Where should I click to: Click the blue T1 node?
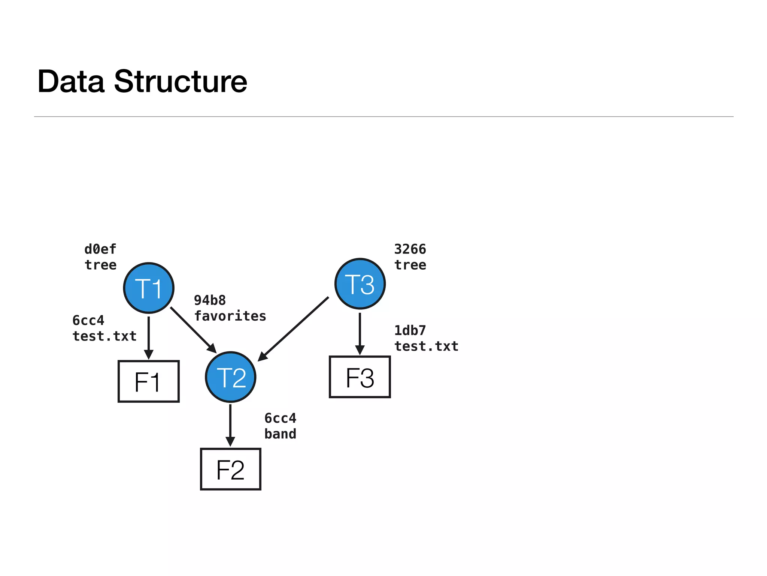point(149,288)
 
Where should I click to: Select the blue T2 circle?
point(231,377)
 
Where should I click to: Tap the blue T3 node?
point(360,284)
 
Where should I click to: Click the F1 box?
point(149,381)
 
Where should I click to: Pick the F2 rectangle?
point(231,469)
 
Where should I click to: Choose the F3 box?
point(360,377)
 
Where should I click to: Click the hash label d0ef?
point(100,249)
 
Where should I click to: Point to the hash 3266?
point(410,249)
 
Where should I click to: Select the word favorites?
point(230,316)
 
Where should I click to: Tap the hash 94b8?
point(210,300)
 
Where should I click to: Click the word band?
point(280,434)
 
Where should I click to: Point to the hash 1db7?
point(410,330)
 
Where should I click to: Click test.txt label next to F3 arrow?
point(426,346)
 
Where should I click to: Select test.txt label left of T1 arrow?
point(104,336)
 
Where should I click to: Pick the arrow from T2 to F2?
point(230,424)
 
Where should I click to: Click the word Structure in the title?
point(180,81)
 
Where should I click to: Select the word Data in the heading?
point(71,81)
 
